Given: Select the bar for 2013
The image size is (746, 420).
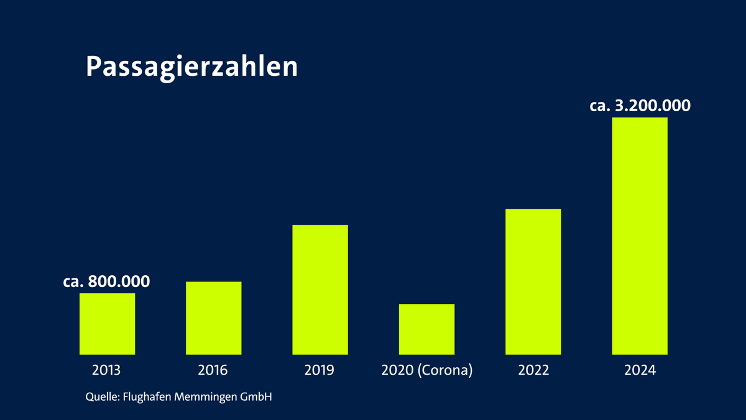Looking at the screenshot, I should coord(107,323).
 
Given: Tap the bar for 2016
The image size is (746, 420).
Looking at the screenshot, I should coord(213,317).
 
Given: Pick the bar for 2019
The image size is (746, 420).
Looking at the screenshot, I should coord(320,289).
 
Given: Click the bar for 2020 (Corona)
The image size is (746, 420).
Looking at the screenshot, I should coord(426,329).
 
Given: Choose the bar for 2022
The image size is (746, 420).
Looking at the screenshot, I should coord(533,281).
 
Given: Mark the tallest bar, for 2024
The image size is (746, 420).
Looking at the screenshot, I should coord(640,235).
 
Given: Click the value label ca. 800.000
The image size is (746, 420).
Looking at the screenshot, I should coord(107,281).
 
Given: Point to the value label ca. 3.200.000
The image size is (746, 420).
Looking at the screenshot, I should coord(640,106).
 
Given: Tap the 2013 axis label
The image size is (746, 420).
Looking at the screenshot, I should coord(107,370).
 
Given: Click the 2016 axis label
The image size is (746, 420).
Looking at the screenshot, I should coord(213,370).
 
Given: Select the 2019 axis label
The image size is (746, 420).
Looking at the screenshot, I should coord(320,370).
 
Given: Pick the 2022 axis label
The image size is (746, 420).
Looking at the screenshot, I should coord(533,370).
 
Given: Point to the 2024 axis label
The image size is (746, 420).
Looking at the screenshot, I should coord(640,370).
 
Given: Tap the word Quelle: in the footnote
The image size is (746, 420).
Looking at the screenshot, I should coord(102,396).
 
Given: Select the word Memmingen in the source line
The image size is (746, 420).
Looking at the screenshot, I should coord(210,396).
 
